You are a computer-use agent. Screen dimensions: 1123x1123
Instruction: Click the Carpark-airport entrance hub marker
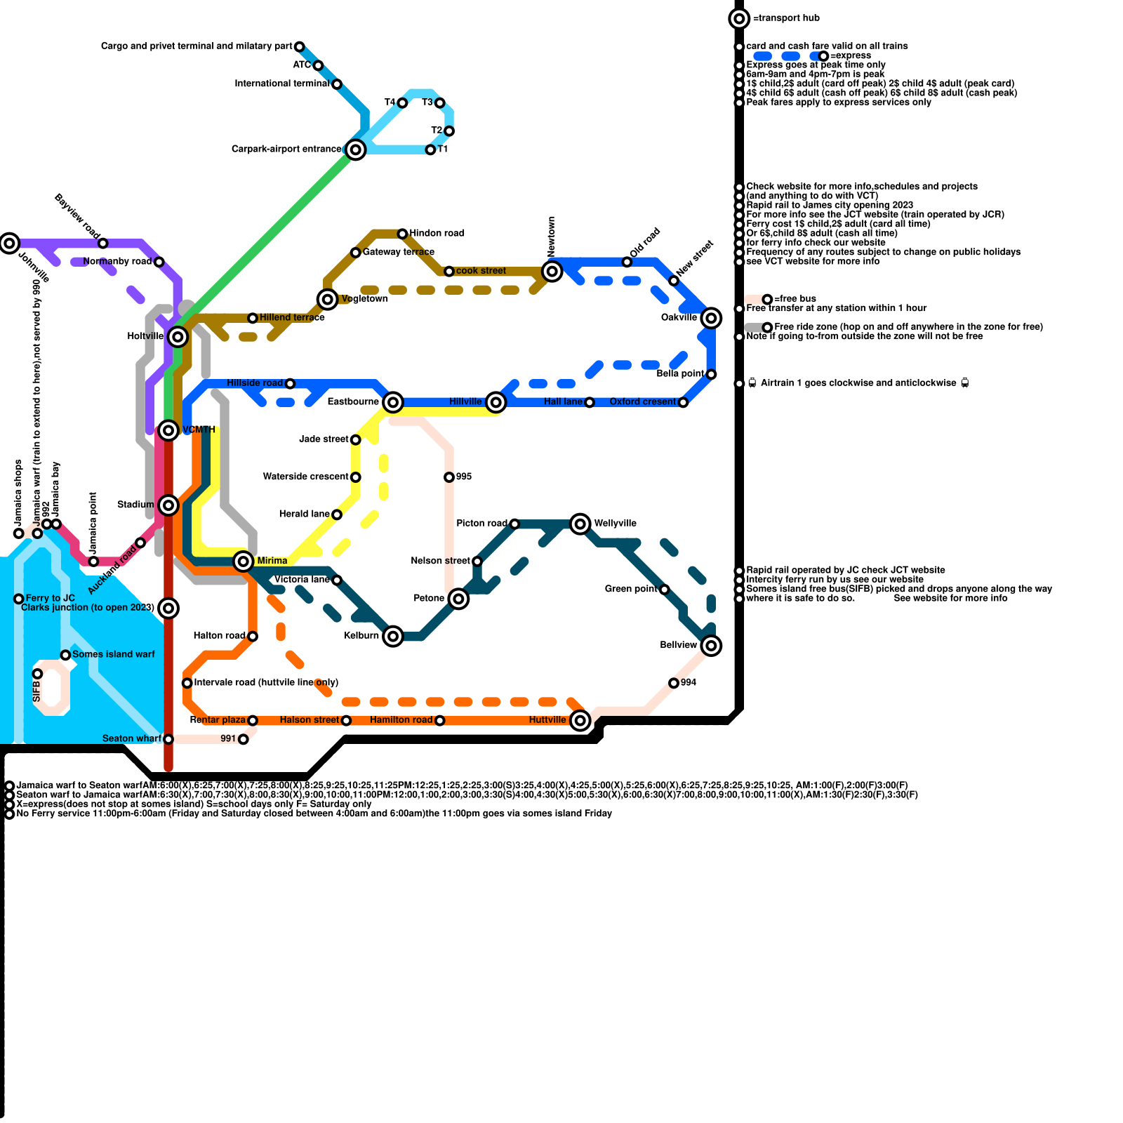click(x=356, y=149)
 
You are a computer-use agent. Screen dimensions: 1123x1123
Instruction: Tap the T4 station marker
click(x=402, y=103)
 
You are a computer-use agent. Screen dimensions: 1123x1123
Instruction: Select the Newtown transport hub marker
click(x=552, y=272)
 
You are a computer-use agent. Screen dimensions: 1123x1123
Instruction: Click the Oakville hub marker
click(x=711, y=318)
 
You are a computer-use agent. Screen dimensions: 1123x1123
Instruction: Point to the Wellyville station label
click(x=615, y=524)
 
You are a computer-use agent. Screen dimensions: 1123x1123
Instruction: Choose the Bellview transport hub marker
click(x=711, y=646)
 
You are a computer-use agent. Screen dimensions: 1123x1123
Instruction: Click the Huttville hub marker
click(x=580, y=720)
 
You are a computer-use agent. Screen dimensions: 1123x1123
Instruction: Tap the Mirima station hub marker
click(x=244, y=561)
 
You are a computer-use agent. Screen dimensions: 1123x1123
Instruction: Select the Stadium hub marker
click(x=168, y=505)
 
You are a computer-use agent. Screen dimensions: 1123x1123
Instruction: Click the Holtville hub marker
click(x=178, y=337)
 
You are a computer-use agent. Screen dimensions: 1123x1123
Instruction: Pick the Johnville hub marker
click(x=9, y=244)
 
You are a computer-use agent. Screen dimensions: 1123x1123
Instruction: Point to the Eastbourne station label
click(x=353, y=402)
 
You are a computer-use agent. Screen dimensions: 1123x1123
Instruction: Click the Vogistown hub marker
click(x=327, y=300)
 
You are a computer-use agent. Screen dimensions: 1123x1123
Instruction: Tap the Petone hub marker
click(x=458, y=599)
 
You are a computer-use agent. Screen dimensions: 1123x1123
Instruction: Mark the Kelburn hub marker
click(x=393, y=637)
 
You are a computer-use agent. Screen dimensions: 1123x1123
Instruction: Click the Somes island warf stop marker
click(x=65, y=655)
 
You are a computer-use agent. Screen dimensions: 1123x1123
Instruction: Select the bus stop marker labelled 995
click(x=449, y=477)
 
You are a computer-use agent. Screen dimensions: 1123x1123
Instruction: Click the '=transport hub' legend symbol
click(x=739, y=18)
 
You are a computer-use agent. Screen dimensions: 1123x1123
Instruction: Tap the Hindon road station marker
click(x=402, y=234)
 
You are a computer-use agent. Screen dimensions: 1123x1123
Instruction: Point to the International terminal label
click(x=282, y=84)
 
